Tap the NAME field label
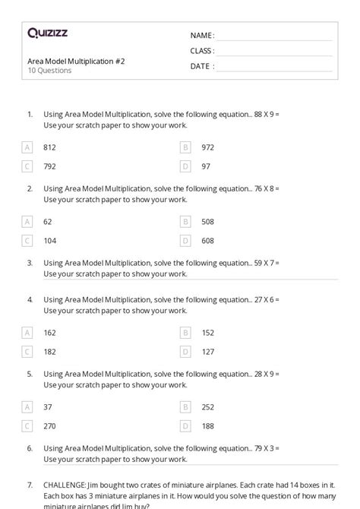pyautogui.click(x=202, y=36)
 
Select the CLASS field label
pyautogui.click(x=202, y=51)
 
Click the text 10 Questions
pyautogui.click(x=49, y=71)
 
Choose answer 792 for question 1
pyautogui.click(x=50, y=166)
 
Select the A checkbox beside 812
pyautogui.click(x=27, y=147)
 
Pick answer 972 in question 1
pyautogui.click(x=208, y=147)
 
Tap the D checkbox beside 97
pyautogui.click(x=185, y=166)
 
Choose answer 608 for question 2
pyautogui.click(x=208, y=240)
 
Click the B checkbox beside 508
pyautogui.click(x=185, y=221)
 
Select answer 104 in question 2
pyautogui.click(x=50, y=240)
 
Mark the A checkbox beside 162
pyautogui.click(x=27, y=333)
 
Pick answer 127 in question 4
pyautogui.click(x=208, y=352)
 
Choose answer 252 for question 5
pyautogui.click(x=208, y=407)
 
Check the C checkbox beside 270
pyautogui.click(x=27, y=426)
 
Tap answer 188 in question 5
pyautogui.click(x=208, y=426)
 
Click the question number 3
pyautogui.click(x=30, y=263)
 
